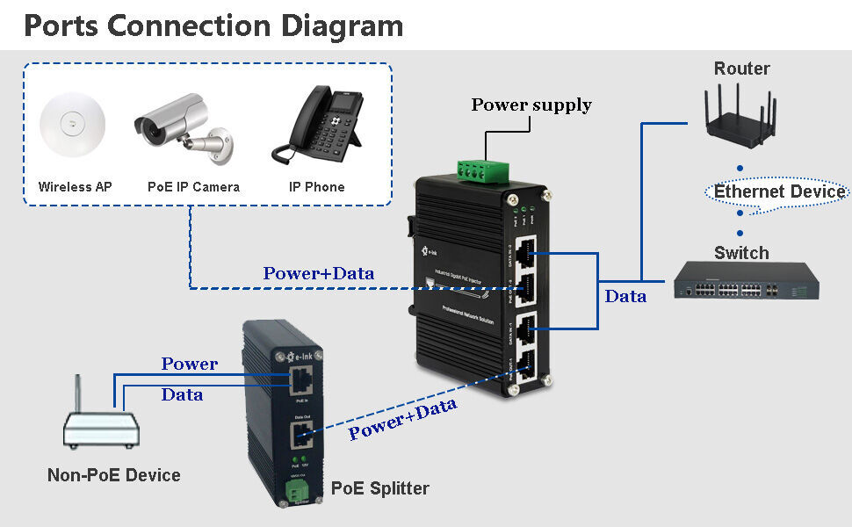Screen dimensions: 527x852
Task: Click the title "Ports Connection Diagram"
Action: pos(213,25)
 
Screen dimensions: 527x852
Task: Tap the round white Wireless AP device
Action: pos(72,126)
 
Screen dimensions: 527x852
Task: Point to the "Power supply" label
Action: pos(531,105)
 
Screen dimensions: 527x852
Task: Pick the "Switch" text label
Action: pos(741,253)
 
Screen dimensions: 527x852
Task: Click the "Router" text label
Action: pos(741,69)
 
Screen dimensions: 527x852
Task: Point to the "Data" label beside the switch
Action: pos(625,297)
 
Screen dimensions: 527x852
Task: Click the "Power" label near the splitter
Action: pos(190,364)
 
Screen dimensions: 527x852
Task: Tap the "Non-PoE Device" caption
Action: pos(113,475)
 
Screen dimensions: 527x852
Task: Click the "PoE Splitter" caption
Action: pos(380,488)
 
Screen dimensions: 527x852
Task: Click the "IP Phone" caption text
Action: pos(316,187)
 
